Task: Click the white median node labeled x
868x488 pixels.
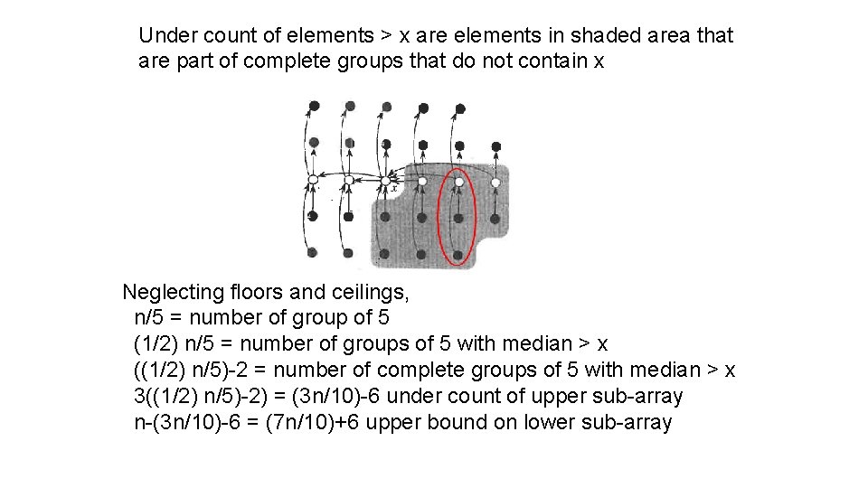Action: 385,181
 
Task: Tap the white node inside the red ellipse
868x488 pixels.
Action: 458,182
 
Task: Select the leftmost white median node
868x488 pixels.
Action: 312,181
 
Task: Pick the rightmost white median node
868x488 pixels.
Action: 495,183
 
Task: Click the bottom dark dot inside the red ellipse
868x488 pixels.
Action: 458,255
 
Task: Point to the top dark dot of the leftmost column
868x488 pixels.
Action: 314,106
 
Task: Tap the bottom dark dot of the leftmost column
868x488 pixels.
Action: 312,252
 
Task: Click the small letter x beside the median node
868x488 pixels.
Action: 394,189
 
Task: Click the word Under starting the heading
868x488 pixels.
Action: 165,36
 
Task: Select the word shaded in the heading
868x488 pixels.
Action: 606,36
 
